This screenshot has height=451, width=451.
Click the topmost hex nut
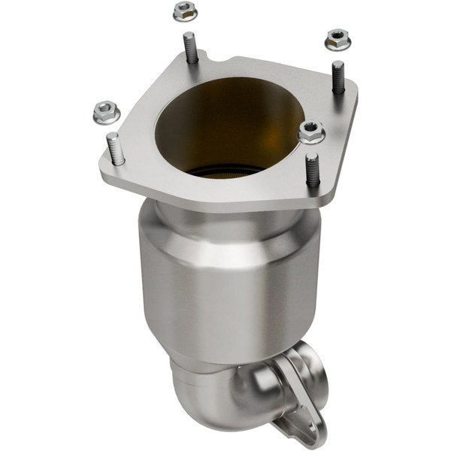click(184, 11)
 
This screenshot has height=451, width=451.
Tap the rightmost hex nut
click(337, 38)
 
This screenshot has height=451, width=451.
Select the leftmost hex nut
click(107, 113)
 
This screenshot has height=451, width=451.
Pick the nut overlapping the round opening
click(311, 132)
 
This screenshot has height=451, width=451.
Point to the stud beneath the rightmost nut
click(337, 77)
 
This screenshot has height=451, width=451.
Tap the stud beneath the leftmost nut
click(117, 148)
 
